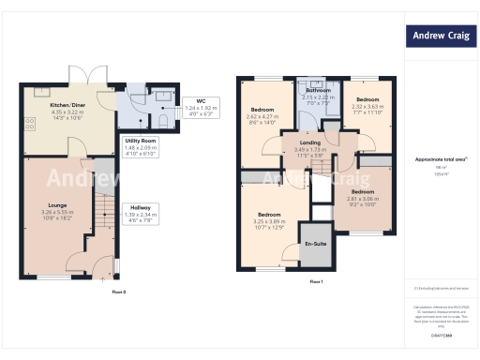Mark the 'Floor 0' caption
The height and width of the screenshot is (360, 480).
point(118,292)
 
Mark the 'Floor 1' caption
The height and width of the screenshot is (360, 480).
point(315,282)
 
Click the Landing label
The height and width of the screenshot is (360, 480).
point(308,142)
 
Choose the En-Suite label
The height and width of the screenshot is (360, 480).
point(316,244)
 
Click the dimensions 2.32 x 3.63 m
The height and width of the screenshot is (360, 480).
point(367,106)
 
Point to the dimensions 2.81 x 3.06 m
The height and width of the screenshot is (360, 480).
point(363,199)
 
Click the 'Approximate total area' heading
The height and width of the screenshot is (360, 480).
point(441,159)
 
